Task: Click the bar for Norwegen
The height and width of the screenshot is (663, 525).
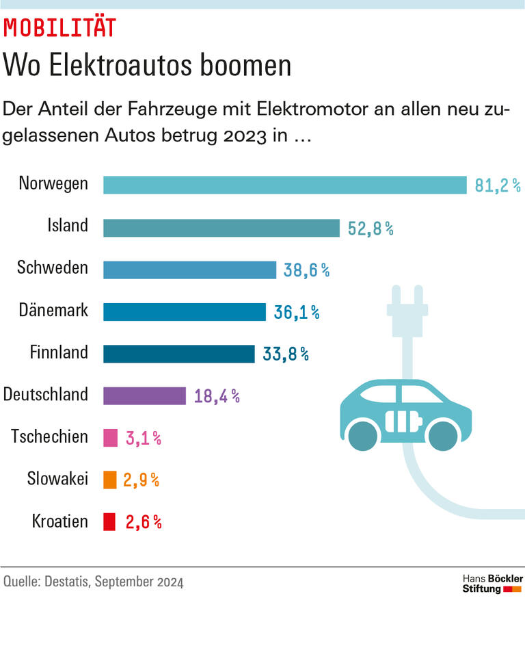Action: pos(284,185)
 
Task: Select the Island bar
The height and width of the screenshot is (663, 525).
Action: pos(221,228)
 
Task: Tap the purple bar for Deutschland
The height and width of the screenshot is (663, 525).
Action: pos(144,395)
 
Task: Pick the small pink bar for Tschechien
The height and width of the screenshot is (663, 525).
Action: pos(110,438)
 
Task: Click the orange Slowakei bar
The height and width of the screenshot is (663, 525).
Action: pos(109,480)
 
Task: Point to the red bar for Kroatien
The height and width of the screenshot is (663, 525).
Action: pos(109,522)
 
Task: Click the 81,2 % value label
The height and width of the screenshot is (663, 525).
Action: pos(498,185)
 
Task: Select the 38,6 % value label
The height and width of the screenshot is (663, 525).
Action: pos(306,270)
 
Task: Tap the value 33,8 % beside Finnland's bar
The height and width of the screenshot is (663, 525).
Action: pos(286,354)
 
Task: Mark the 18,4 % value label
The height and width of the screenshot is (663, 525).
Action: pos(217,396)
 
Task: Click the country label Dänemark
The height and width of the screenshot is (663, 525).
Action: pos(53,310)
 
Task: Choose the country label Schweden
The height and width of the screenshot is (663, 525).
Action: pos(53,268)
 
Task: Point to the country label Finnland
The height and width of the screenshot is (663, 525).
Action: pos(59,352)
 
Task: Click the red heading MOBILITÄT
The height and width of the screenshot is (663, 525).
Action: pos(60,27)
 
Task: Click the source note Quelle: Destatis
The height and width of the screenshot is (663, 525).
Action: pos(93,582)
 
